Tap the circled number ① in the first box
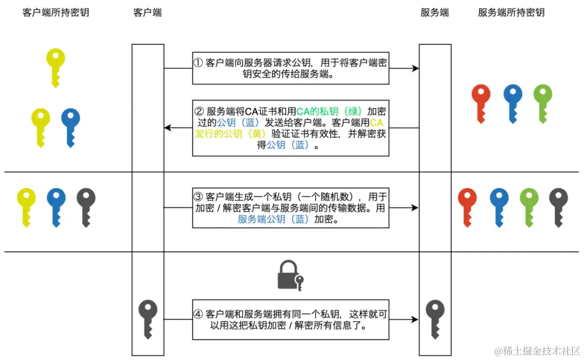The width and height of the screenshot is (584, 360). coord(198,62)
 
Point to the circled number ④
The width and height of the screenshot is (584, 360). coord(198,314)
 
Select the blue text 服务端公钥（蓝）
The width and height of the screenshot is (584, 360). coord(273,219)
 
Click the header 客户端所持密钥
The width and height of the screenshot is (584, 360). coord(56,12)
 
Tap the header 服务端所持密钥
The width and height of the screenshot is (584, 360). coord(511,12)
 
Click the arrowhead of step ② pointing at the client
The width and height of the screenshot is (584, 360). coord(168,128)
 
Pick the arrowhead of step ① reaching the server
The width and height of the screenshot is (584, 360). coord(415,68)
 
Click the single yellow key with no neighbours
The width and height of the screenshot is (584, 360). coord(55,65)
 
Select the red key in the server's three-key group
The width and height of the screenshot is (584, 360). coord(480,102)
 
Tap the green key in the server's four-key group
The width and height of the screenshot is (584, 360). coord(529,205)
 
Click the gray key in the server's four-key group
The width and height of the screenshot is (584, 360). coord(558,205)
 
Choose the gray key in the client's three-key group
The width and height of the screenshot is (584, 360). coord(85,205)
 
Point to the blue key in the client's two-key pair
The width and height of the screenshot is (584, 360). coord(70,125)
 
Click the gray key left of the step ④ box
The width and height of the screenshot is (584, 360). coord(148,317)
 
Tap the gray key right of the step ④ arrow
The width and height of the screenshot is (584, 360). coord(435,317)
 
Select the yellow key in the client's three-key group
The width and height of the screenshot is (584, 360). coord(26,205)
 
